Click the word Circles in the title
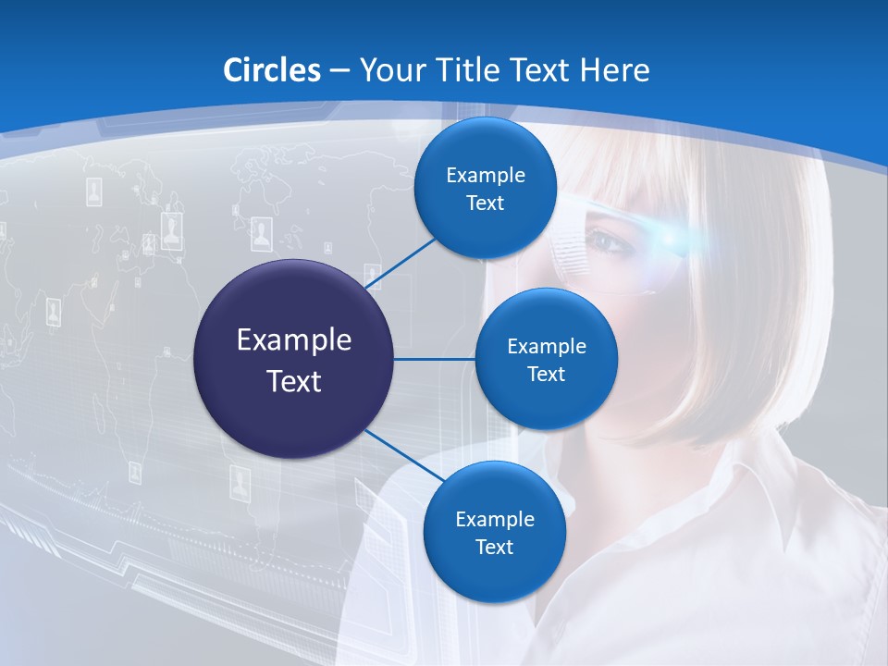click(272, 70)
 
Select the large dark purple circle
click(294, 359)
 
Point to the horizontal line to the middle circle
click(435, 359)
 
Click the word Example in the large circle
click(294, 339)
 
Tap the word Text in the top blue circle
click(485, 203)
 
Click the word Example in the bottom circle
click(494, 519)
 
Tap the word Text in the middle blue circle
click(546, 375)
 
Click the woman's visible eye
click(606, 242)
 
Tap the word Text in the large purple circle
click(294, 380)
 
